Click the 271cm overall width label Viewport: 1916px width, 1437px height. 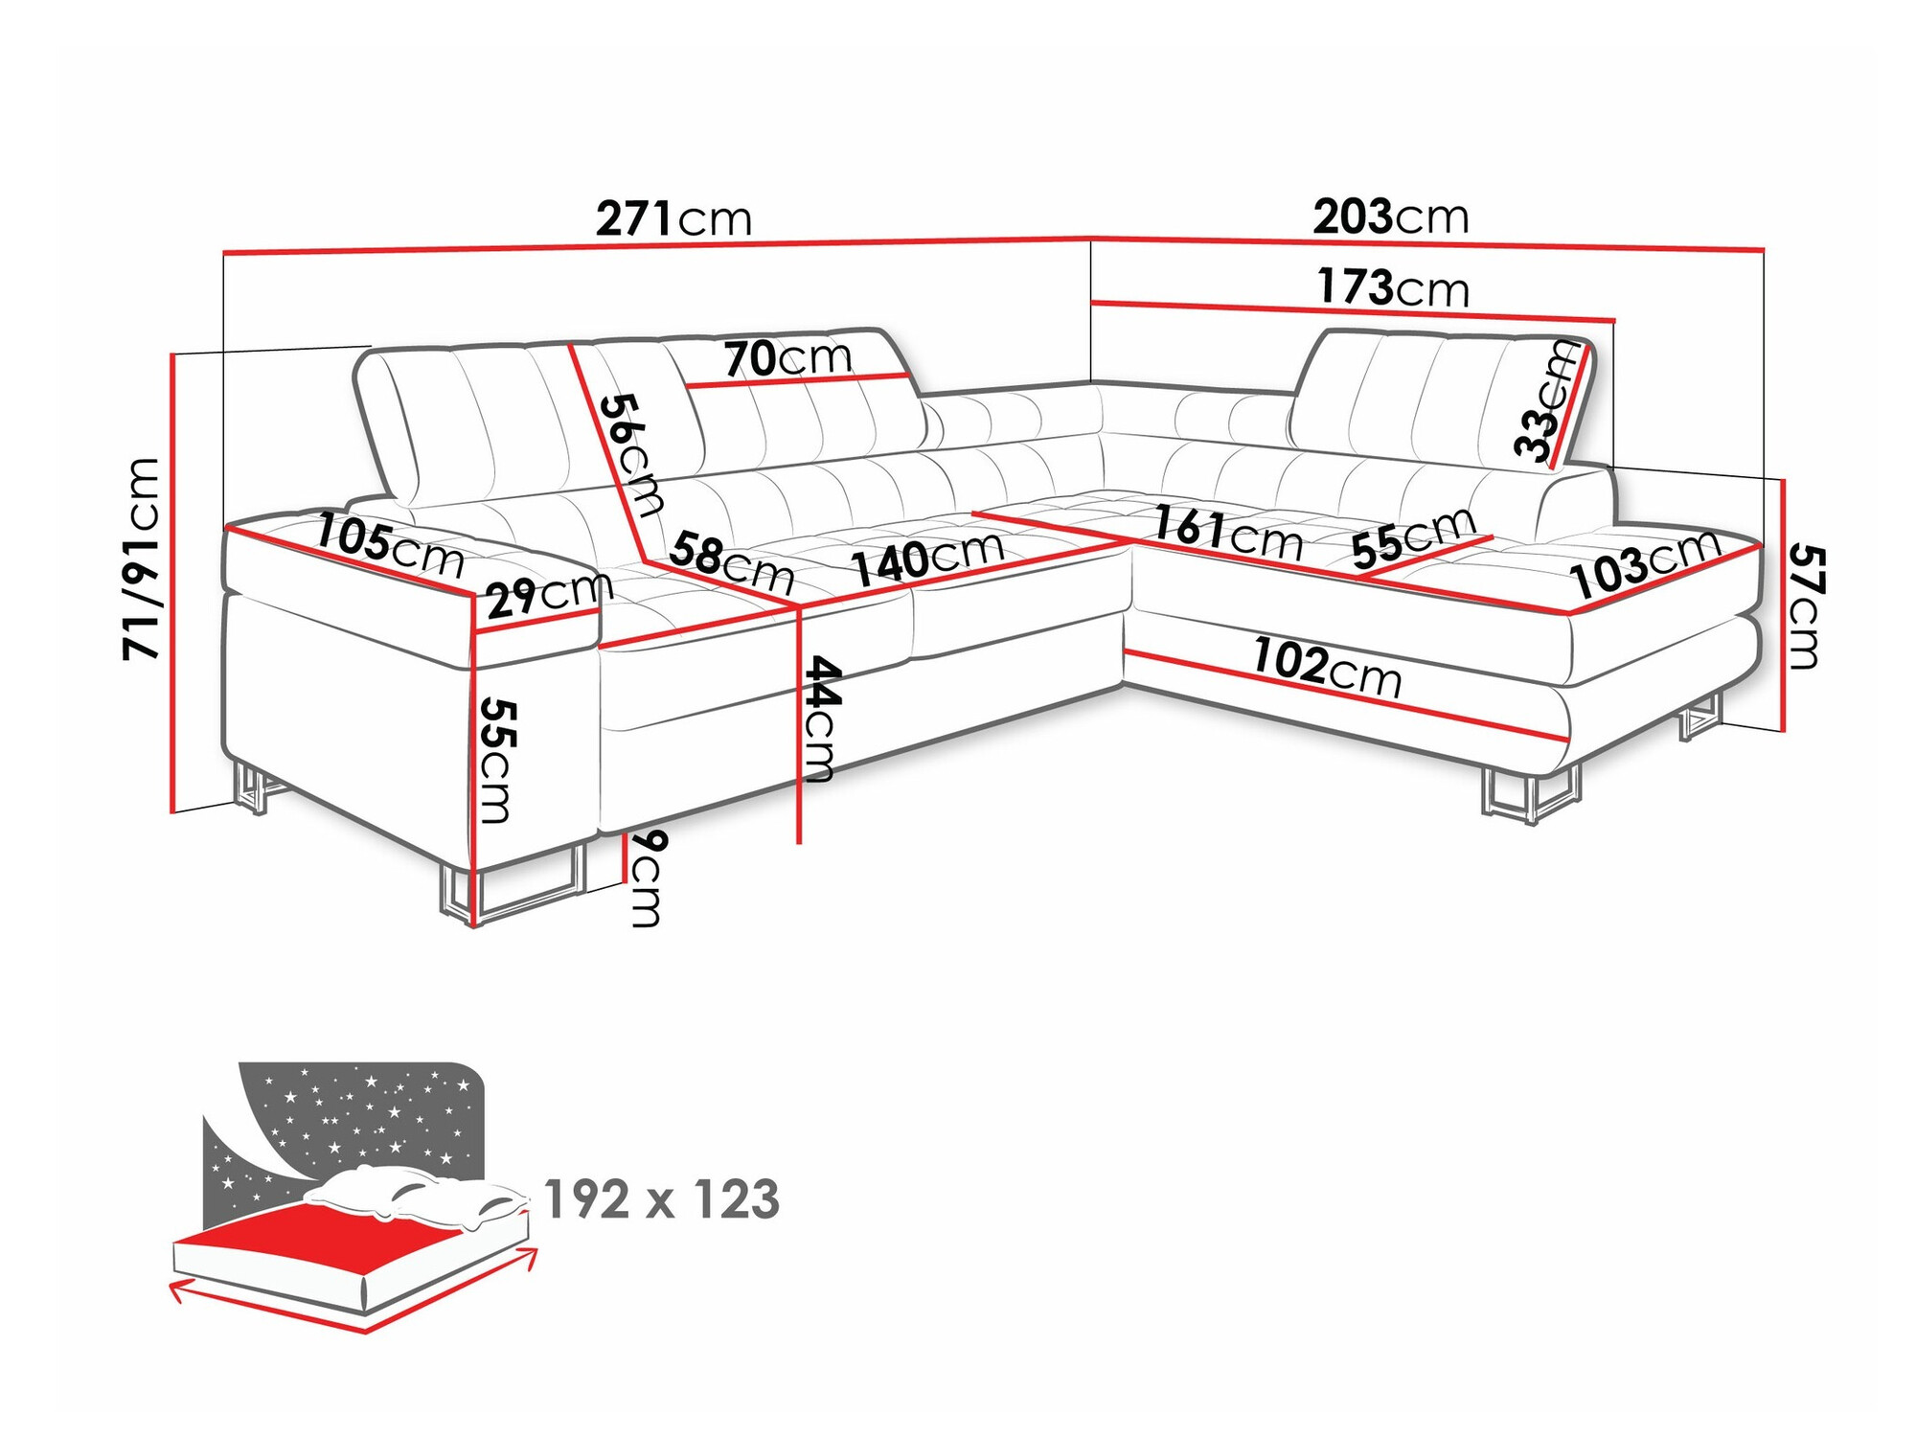click(x=673, y=219)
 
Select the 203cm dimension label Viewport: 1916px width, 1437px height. click(x=1390, y=217)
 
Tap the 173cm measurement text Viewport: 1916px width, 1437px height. click(x=1393, y=288)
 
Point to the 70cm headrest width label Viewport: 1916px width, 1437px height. click(x=787, y=359)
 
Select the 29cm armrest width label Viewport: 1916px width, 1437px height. click(x=549, y=596)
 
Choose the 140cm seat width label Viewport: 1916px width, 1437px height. click(x=927, y=559)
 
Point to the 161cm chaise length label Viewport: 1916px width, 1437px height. click(x=1227, y=533)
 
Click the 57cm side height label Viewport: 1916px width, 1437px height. click(x=1805, y=605)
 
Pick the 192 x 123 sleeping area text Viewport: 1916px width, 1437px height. click(x=661, y=1200)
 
